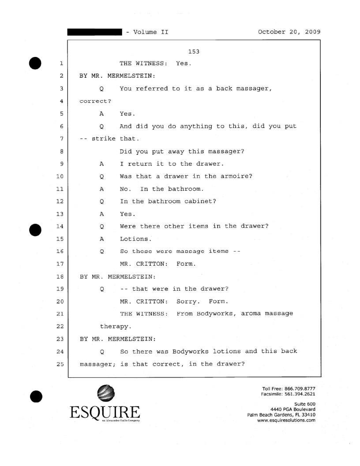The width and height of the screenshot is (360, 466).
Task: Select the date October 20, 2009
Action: click(x=289, y=32)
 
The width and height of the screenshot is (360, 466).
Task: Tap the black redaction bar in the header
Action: click(x=94, y=32)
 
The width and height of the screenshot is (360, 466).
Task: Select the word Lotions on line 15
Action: click(x=135, y=239)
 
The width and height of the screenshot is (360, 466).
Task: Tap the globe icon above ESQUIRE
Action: click(x=105, y=393)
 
